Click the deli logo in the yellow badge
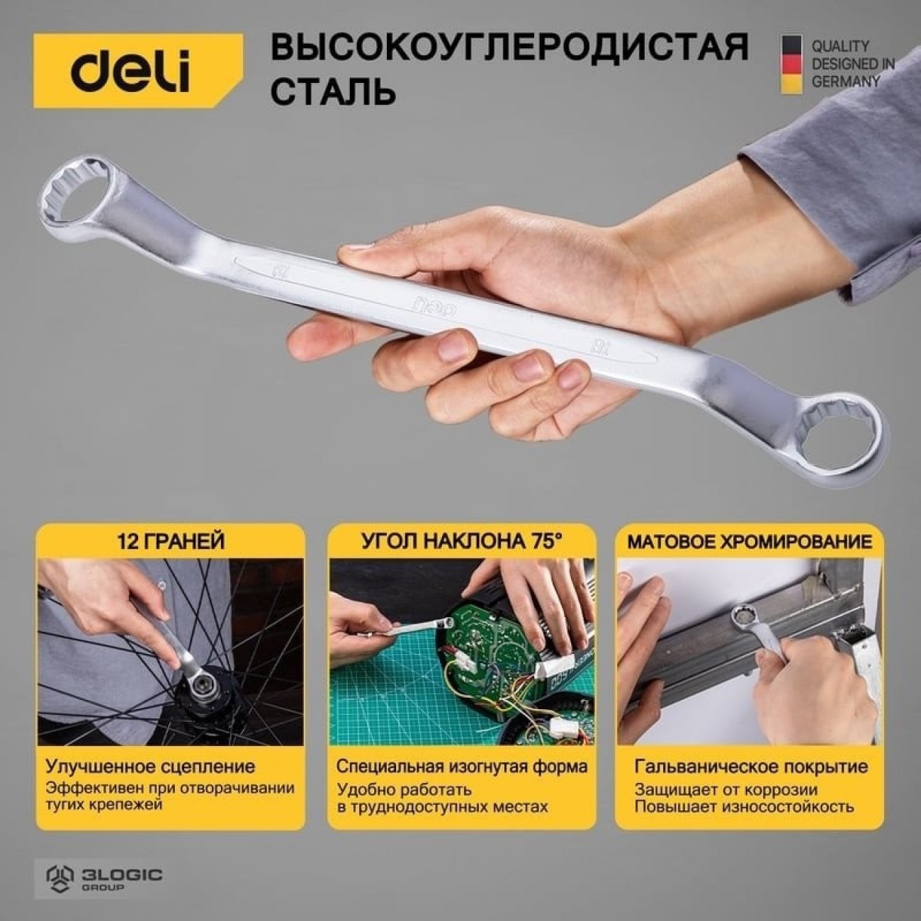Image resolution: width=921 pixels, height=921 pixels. pyautogui.click(x=130, y=72)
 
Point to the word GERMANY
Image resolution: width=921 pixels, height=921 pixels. pyautogui.click(x=846, y=81)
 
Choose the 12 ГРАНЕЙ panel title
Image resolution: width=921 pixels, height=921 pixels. pyautogui.click(x=171, y=542)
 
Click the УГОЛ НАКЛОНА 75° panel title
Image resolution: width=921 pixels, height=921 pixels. pyautogui.click(x=462, y=542)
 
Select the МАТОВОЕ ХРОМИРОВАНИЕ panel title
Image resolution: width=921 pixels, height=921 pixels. pyautogui.click(x=750, y=542)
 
